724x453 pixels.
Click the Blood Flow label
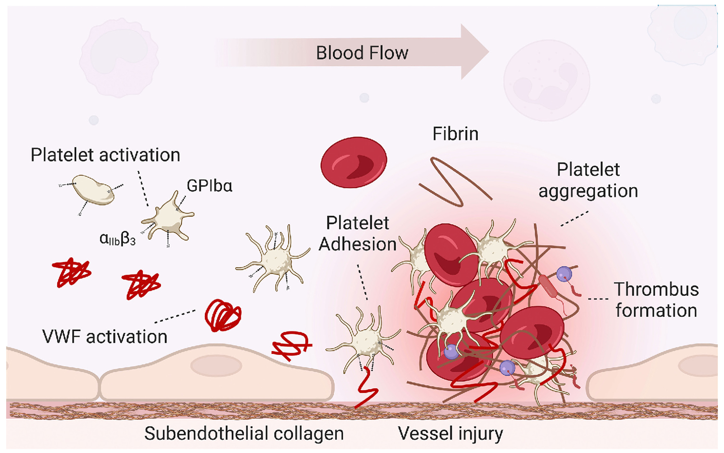click(x=362, y=53)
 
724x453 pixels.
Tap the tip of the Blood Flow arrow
click(x=488, y=52)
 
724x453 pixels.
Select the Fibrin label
click(x=455, y=134)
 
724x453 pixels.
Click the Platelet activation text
click(x=105, y=155)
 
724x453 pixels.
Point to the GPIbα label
click(x=209, y=186)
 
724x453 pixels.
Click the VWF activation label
click(x=105, y=337)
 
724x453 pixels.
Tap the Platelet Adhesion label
click(x=358, y=233)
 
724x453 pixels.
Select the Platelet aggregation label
click(x=588, y=180)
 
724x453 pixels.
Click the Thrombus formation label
click(x=656, y=300)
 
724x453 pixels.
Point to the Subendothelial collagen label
click(x=244, y=433)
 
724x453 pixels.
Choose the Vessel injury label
click(x=450, y=433)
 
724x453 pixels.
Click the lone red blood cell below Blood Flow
click(x=354, y=162)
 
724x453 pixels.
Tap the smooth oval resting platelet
click(x=93, y=189)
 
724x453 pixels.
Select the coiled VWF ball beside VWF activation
click(x=223, y=315)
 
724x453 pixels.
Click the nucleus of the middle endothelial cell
click(x=216, y=366)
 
